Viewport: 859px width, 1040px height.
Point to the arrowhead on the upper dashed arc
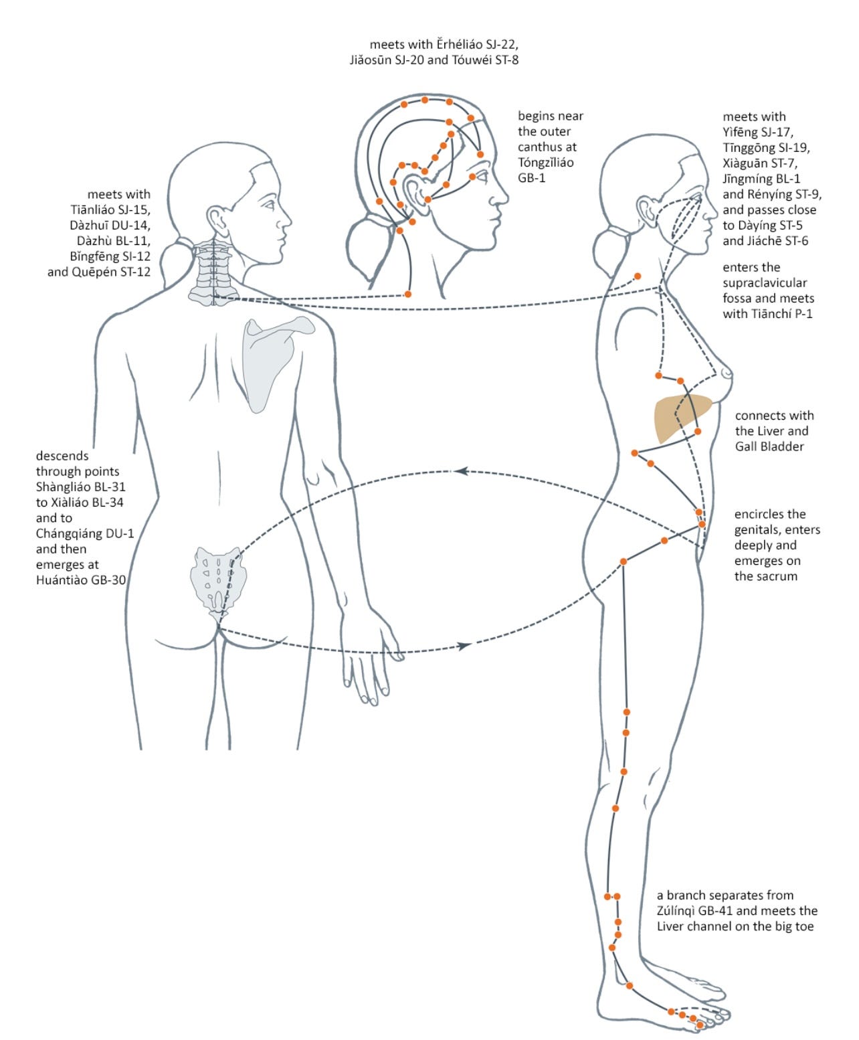(460, 471)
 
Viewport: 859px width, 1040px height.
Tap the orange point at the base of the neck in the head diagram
(408, 294)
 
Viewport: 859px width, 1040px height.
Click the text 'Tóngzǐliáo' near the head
(545, 163)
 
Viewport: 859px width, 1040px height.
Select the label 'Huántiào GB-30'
(81, 580)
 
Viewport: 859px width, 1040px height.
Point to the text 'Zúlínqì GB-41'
(696, 911)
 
